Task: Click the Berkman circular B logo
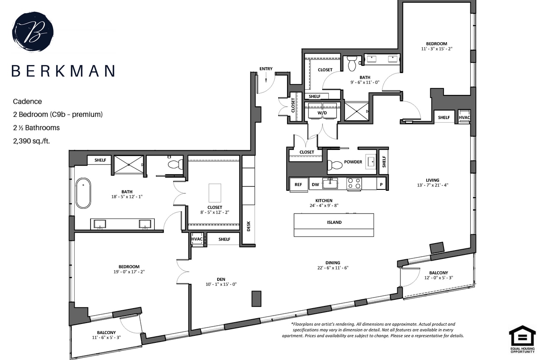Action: coord(33,32)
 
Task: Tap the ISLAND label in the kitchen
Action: coord(334,222)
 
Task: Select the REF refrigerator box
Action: coord(298,185)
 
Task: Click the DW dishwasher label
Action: coord(315,185)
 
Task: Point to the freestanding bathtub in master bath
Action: coord(83,193)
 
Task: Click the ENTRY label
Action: coord(266,69)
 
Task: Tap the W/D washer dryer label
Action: coord(322,113)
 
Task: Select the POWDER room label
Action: coord(353,162)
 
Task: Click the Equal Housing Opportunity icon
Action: coord(522,339)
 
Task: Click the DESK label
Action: coord(248,226)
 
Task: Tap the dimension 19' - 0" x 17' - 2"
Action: coord(129,272)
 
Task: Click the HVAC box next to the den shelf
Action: coord(197,240)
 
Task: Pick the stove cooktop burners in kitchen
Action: coord(354,184)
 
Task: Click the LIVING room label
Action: coord(432,180)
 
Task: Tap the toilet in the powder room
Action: coord(335,165)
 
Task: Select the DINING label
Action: coord(333,262)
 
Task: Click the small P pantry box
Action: coord(381,185)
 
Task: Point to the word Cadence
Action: coord(27,102)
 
